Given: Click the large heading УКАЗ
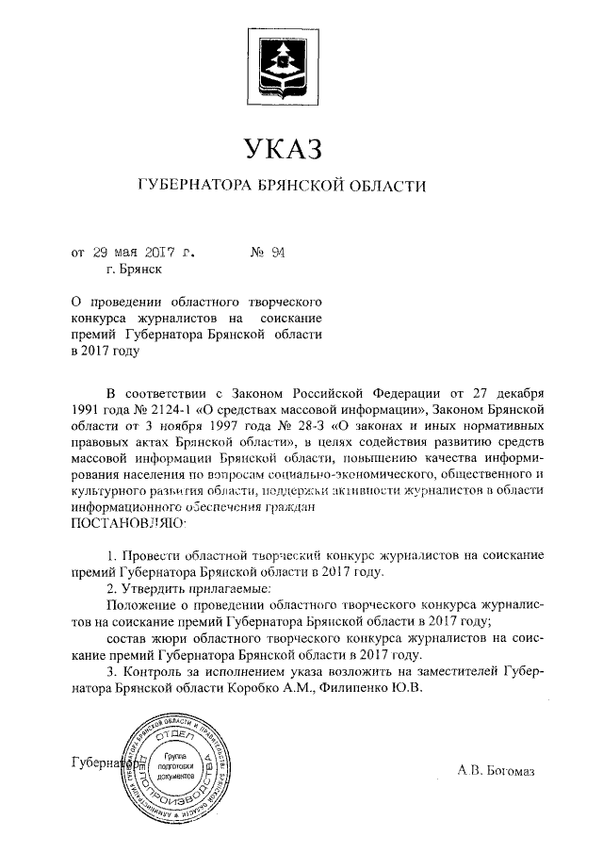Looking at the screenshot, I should [284, 148].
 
